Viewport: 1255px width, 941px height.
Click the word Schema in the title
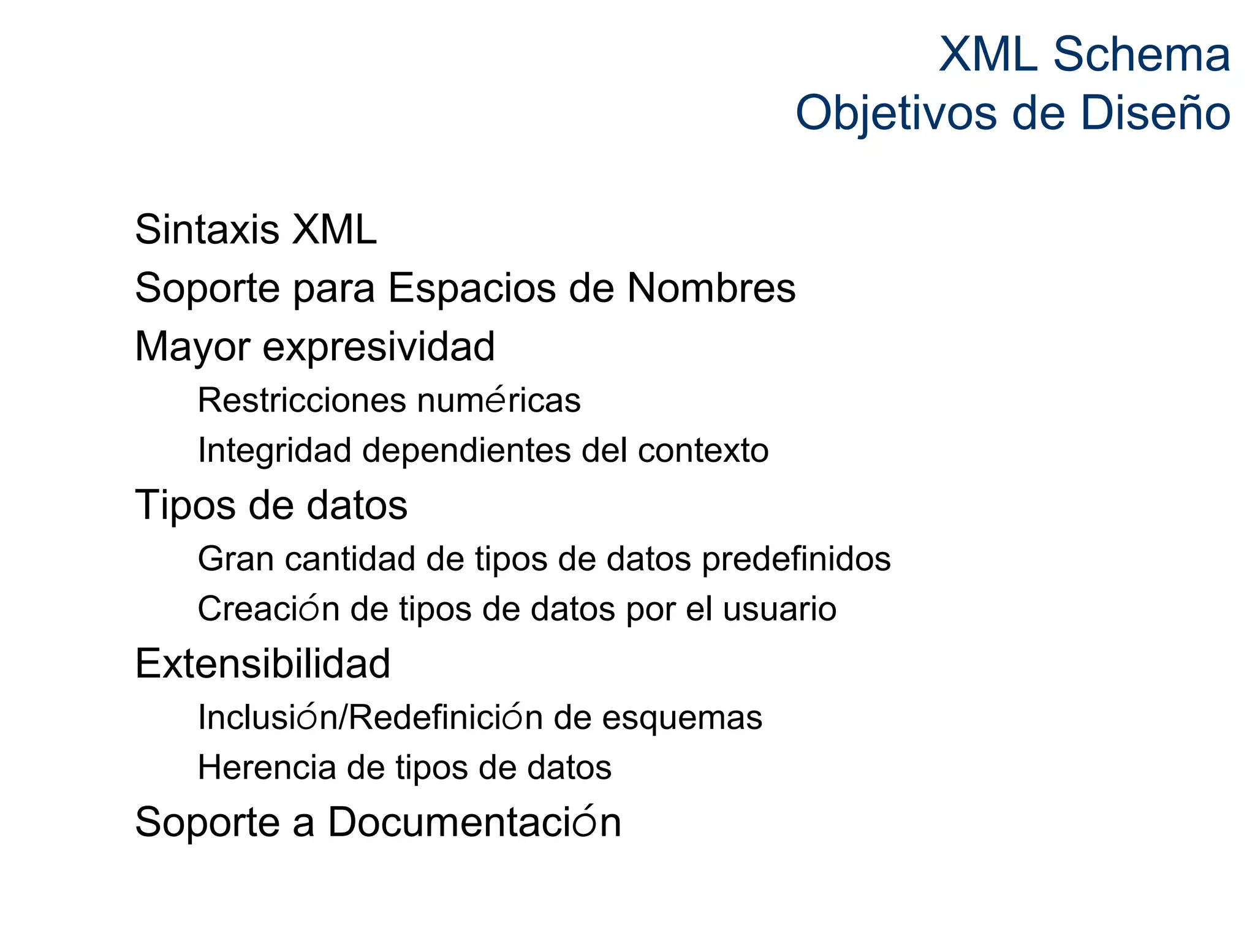pyautogui.click(x=1141, y=55)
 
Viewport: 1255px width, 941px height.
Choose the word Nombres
pyautogui.click(x=711, y=288)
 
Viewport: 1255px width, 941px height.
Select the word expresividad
pyautogui.click(x=379, y=347)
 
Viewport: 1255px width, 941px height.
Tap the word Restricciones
pyautogui.click(x=302, y=401)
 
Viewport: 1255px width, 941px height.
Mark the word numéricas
pyautogui.click(x=499, y=401)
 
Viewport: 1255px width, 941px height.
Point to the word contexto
pyautogui.click(x=703, y=451)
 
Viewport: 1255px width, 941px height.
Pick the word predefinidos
pyautogui.click(x=796, y=559)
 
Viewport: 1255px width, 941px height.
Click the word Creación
pyautogui.click(x=268, y=609)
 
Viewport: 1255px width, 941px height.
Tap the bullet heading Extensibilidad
pyautogui.click(x=262, y=663)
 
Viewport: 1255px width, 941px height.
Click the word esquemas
pyautogui.click(x=682, y=718)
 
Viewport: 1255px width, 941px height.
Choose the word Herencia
pyautogui.click(x=267, y=767)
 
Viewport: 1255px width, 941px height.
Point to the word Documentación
pyautogui.click(x=474, y=822)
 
